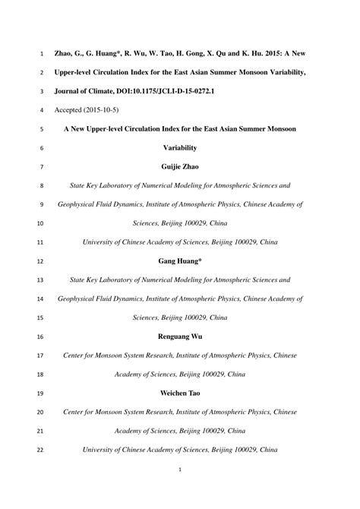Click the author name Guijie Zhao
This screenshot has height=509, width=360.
click(179, 166)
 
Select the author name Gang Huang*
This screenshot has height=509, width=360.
click(179, 261)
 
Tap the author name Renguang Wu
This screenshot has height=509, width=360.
click(179, 336)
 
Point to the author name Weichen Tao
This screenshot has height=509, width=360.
click(179, 393)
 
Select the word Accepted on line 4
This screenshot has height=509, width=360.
click(71, 109)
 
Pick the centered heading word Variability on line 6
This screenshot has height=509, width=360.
click(179, 147)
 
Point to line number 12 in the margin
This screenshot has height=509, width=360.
click(40, 261)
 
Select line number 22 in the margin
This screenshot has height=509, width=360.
click(40, 450)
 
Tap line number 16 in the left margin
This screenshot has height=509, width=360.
click(40, 337)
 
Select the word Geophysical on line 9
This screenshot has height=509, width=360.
click(79, 204)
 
